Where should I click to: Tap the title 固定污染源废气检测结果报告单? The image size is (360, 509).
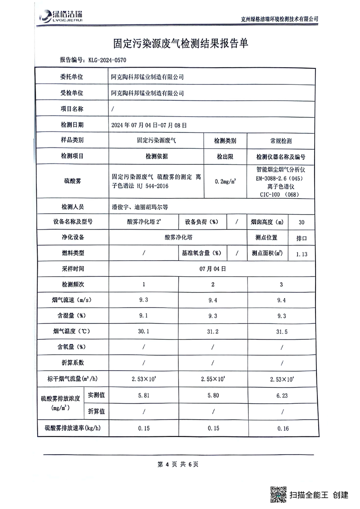coord(180,44)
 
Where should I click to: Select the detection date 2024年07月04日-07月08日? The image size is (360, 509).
coord(149,125)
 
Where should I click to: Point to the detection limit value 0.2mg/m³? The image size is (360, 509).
coord(225,181)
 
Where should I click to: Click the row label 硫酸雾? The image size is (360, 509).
coord(73,181)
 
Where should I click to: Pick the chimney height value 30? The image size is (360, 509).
coord(302,222)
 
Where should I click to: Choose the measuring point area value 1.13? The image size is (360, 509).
coord(302,254)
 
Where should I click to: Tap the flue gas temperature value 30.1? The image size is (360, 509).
coord(144,332)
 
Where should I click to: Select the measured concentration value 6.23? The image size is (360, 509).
coord(281,396)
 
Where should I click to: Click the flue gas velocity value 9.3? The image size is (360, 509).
coord(144,300)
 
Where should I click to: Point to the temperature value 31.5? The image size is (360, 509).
coord(281,332)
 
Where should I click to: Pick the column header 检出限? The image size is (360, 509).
coord(225,157)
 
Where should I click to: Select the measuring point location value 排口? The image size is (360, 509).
coord(302,238)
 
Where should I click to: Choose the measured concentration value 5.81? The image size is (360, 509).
coord(144,396)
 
